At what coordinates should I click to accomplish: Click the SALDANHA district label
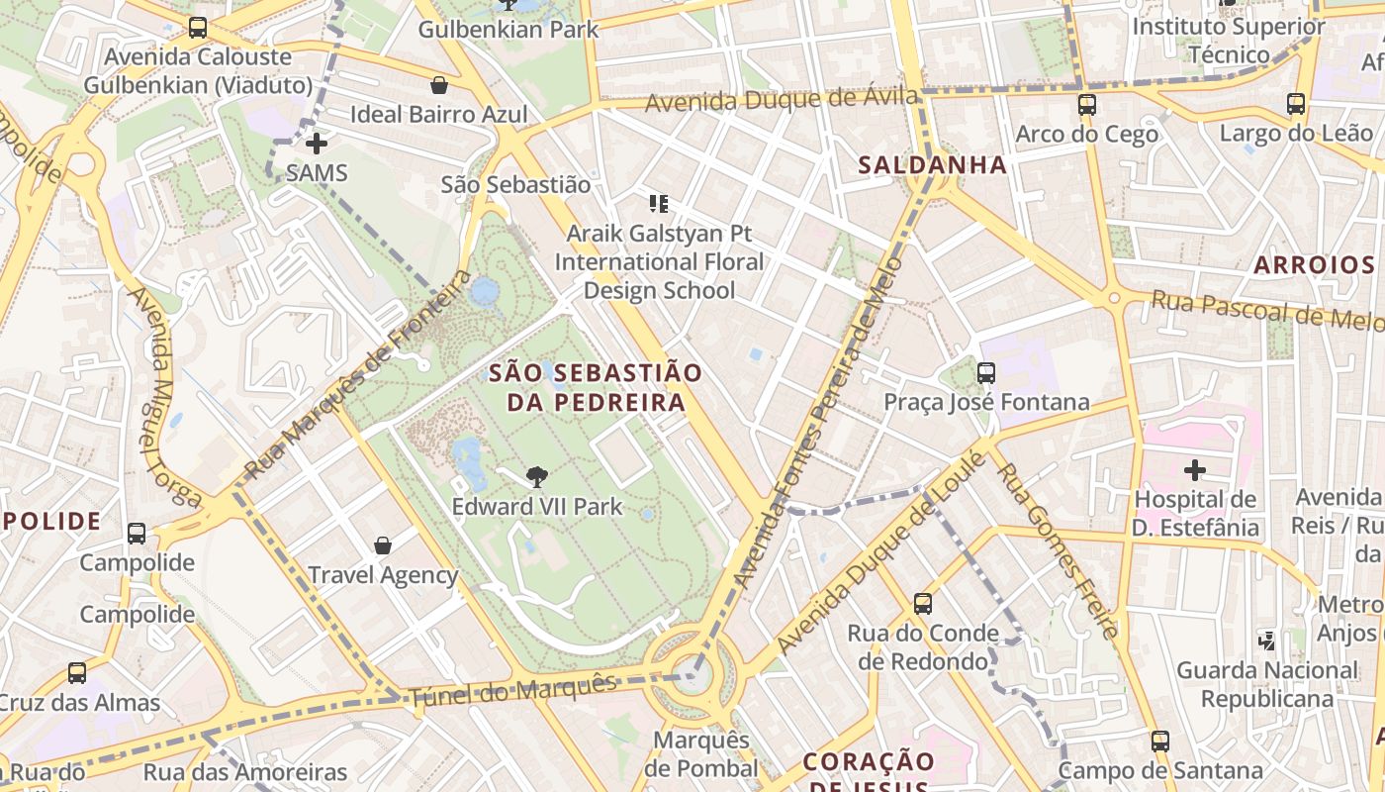tap(932, 165)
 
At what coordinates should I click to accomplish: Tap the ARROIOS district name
tap(1314, 265)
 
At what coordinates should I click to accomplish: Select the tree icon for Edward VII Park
tap(536, 478)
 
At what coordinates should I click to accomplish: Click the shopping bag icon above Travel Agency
tap(383, 545)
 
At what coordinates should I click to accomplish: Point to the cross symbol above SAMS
tap(317, 145)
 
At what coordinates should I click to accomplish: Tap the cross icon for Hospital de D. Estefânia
tap(1195, 470)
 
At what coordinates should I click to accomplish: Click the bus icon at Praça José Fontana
tap(985, 373)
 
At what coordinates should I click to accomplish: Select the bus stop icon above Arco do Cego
tap(1086, 104)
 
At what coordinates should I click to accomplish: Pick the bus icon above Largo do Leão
tap(1295, 104)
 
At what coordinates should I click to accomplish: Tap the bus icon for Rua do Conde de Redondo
tap(923, 603)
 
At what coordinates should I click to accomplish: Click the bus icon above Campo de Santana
tap(1159, 741)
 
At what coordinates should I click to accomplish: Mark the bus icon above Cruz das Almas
tap(77, 673)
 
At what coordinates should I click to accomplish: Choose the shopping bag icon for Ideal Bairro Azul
tap(438, 85)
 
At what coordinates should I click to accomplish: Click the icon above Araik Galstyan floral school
tap(659, 205)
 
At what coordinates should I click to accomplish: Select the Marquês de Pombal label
tap(700, 754)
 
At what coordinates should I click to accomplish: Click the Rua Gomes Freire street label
tap(1059, 549)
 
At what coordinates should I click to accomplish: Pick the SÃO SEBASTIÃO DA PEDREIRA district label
tap(596, 387)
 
